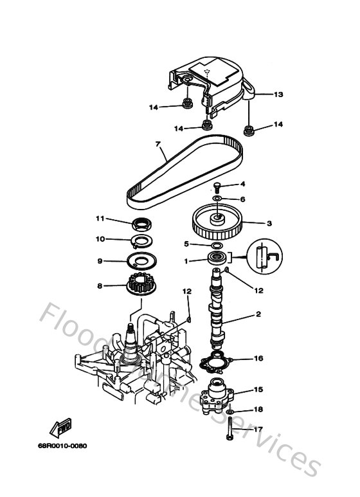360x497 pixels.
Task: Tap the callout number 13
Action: pyautogui.click(x=278, y=95)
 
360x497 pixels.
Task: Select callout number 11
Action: pyautogui.click(x=100, y=219)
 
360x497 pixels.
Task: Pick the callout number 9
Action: pyautogui.click(x=100, y=261)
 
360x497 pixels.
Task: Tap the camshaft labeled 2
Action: pyautogui.click(x=217, y=309)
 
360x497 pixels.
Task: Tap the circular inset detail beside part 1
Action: pyautogui.click(x=264, y=255)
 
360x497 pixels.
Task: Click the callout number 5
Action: pyautogui.click(x=186, y=244)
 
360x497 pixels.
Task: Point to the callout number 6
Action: pyautogui.click(x=243, y=199)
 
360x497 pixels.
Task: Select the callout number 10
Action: pyautogui.click(x=100, y=239)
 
